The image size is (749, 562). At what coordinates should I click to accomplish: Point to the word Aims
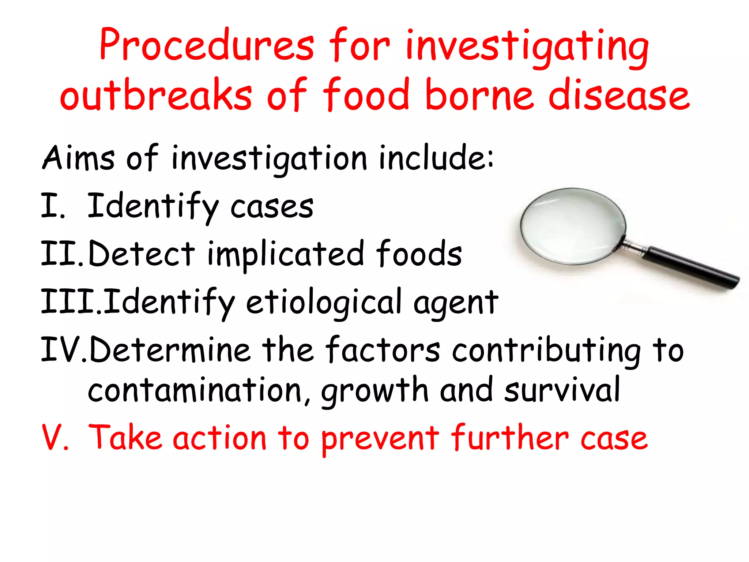point(78,158)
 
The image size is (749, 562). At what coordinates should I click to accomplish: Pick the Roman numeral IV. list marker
point(64,350)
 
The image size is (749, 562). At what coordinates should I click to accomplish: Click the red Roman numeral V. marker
point(55,438)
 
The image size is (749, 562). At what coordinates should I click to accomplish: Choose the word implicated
point(286,255)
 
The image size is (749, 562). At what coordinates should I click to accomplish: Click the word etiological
point(324,302)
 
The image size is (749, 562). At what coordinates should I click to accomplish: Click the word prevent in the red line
point(380,438)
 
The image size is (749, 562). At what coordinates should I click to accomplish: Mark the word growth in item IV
point(374,391)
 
